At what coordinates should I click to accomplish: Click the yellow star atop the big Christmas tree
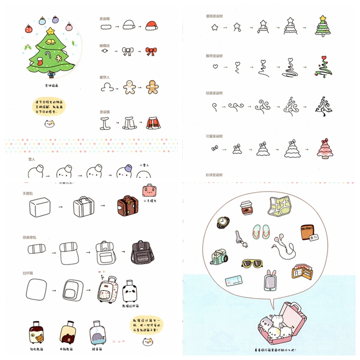50,31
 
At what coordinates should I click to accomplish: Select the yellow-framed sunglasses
252,264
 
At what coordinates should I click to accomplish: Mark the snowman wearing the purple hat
123,171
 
